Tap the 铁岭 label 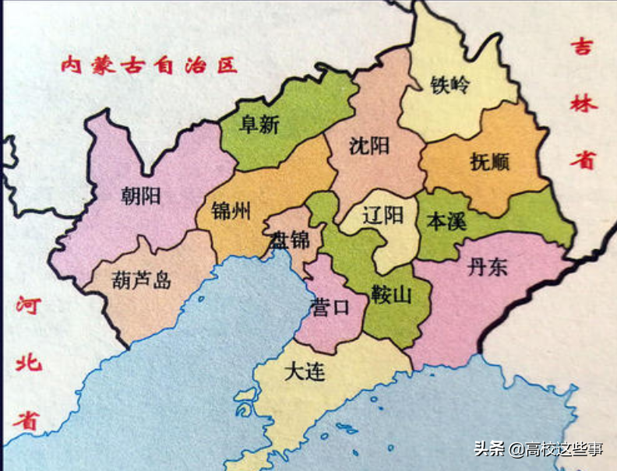click(x=450, y=85)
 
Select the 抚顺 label click(x=490, y=163)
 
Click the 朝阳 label click(x=142, y=196)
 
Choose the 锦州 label click(x=231, y=211)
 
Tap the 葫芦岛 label click(x=142, y=280)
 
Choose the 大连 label click(x=304, y=372)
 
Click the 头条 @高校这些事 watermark click(x=538, y=448)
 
